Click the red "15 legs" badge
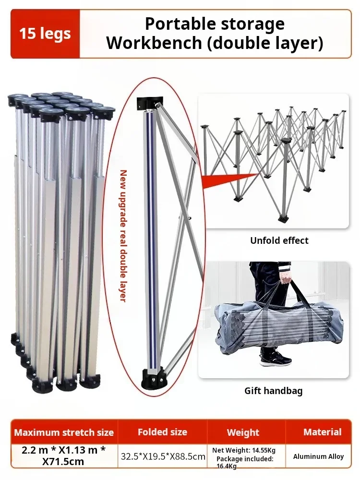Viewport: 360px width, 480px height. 45,34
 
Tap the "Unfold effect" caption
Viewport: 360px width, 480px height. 279,240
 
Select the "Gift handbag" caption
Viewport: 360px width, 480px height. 273,391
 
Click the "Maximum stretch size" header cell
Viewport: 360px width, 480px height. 64,432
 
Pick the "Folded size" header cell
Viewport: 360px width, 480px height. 162,432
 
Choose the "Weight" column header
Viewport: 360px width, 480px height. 243,432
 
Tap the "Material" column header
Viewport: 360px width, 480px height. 323,432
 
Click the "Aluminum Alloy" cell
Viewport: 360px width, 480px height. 319,456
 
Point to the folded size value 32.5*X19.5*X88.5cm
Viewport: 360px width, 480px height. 162,456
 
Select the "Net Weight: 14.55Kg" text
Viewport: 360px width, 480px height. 244,450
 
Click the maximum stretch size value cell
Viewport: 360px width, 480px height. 64,456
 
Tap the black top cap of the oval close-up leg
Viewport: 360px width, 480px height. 150,103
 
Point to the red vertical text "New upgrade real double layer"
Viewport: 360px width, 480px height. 123,235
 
